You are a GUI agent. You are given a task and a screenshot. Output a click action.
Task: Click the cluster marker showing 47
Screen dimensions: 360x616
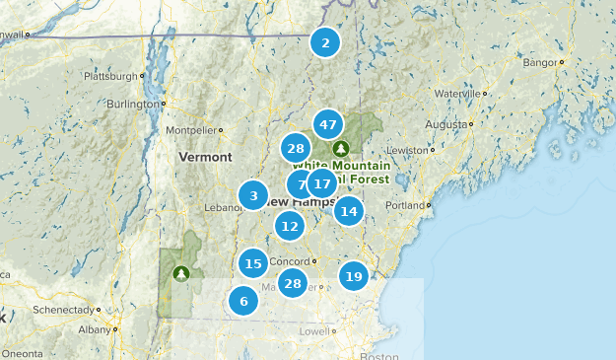328,125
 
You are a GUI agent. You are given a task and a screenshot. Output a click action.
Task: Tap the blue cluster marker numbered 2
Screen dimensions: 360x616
325,42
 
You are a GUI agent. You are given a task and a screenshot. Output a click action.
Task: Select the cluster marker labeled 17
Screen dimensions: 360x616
320,182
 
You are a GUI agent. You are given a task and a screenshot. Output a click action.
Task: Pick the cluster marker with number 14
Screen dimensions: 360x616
348,211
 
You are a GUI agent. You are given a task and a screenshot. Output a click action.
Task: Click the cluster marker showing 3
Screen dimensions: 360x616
253,195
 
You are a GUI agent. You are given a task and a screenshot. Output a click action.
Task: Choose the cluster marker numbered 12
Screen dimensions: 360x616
289,226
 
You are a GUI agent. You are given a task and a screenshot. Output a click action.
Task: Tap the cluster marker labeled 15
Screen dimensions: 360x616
253,263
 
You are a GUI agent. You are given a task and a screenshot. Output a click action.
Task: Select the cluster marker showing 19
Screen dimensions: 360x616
354,276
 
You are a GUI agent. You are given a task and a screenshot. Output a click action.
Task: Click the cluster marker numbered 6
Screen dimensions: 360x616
242,301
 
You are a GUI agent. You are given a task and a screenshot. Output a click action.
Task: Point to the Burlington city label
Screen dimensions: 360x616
125,103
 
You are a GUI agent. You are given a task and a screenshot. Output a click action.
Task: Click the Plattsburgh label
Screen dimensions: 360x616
107,76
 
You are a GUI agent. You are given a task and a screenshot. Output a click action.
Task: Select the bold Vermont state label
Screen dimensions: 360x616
205,157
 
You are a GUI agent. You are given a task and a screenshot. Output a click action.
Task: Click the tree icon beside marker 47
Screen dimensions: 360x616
341,148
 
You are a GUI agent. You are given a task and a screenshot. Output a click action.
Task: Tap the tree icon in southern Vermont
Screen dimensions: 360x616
179,273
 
